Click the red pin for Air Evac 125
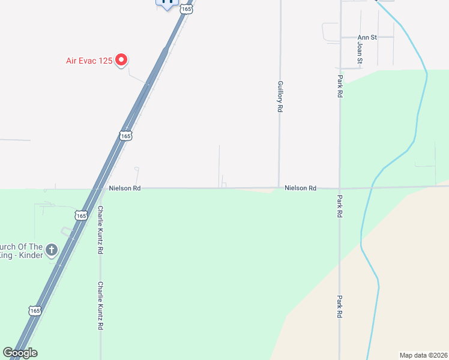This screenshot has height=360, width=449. click(x=121, y=59)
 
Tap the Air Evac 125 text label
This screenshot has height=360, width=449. click(x=89, y=61)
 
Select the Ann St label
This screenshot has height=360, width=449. click(x=367, y=37)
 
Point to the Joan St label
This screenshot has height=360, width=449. click(x=360, y=52)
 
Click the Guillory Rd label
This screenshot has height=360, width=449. click(x=280, y=97)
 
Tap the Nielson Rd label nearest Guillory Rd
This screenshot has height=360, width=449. click(x=300, y=188)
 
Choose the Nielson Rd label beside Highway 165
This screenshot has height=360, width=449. click(x=125, y=188)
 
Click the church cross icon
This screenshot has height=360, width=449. click(x=52, y=249)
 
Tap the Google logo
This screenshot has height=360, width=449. click(x=20, y=353)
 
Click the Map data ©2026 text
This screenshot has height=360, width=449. click(x=423, y=355)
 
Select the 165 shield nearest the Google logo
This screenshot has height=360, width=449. click(x=35, y=310)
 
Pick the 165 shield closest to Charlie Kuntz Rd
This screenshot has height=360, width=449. click(x=82, y=214)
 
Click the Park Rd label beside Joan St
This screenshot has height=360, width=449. click(x=340, y=86)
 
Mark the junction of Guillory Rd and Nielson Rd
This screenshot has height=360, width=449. click(x=279, y=188)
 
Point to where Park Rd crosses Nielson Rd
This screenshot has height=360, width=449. click(x=340, y=188)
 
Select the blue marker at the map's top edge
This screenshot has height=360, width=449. click(x=168, y=2)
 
